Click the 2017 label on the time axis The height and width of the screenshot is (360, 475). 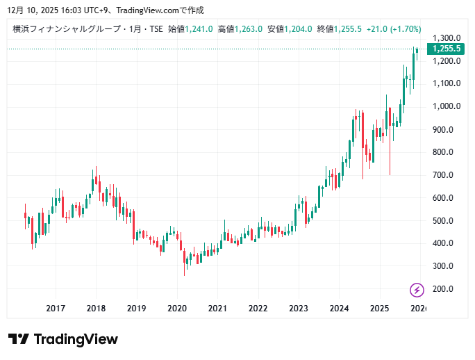tap(56, 308)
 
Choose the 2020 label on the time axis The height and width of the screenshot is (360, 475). tap(177, 308)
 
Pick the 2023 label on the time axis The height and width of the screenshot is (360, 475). tap(299, 308)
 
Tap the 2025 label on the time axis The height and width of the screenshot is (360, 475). tap(379, 308)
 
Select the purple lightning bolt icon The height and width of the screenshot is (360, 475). tap(417, 290)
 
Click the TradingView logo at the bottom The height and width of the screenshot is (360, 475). tap(63, 339)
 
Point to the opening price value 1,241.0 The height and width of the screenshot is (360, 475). tap(199, 29)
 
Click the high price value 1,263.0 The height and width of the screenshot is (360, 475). tap(249, 29)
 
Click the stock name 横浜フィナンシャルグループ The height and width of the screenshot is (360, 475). tap(62, 29)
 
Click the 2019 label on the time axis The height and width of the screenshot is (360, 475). tap(137, 308)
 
